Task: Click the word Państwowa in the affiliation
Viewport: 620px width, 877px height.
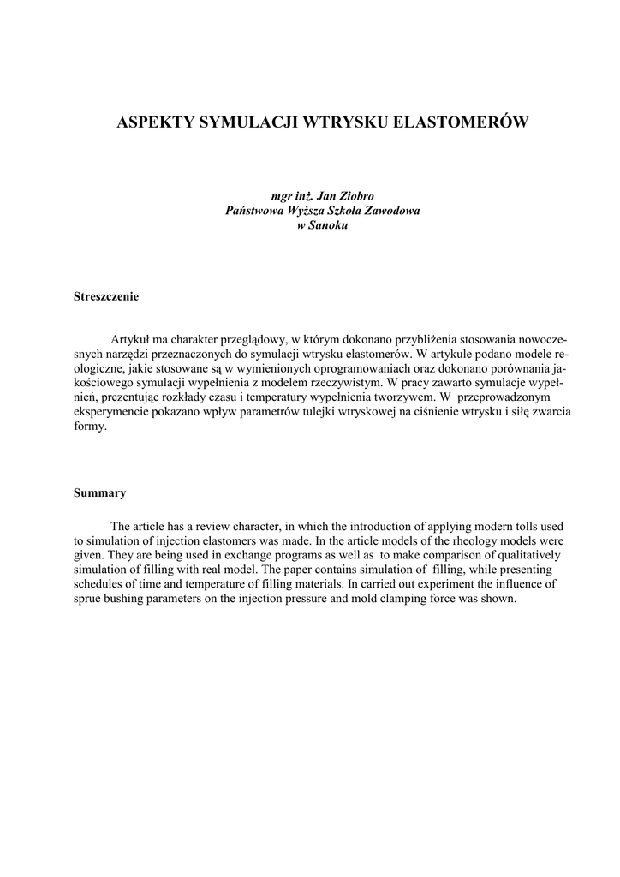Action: pyautogui.click(x=254, y=211)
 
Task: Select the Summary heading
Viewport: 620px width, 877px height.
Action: pyautogui.click(x=100, y=492)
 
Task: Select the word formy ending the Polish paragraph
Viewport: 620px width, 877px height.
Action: pyautogui.click(x=89, y=427)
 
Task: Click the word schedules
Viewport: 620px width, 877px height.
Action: pyautogui.click(x=100, y=584)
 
